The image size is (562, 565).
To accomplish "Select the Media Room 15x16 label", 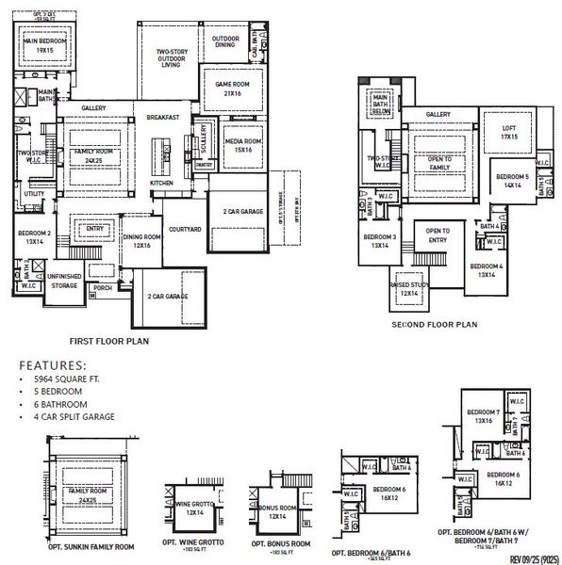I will [x=242, y=144].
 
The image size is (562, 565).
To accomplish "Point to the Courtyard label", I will [x=183, y=229].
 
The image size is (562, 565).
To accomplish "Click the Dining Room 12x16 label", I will [x=143, y=241].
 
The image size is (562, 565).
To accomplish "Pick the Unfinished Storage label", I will [x=64, y=282].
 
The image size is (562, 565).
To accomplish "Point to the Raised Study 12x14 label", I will [x=411, y=290].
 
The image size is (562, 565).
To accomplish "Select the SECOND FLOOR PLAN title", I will [x=435, y=325].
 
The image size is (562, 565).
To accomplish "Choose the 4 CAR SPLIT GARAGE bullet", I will [x=73, y=416].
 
